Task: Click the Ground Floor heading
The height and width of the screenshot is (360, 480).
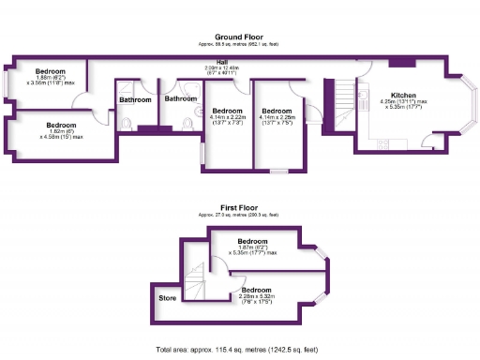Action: click(239, 37)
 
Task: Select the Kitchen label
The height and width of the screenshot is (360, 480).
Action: click(403, 95)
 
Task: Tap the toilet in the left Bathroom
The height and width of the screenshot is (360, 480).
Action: click(127, 125)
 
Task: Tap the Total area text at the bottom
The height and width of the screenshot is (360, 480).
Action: click(239, 349)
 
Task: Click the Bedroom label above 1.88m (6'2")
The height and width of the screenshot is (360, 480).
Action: click(50, 71)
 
